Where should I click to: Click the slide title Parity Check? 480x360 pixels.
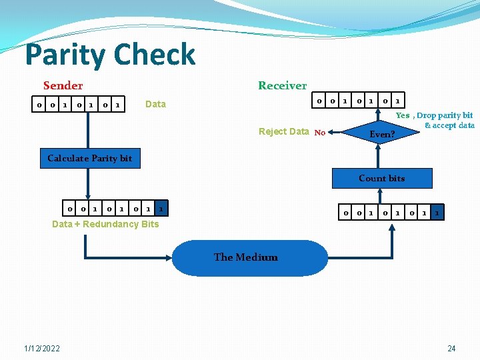(x=110, y=55)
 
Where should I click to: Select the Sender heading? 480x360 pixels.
(x=63, y=85)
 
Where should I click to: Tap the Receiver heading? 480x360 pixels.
(x=282, y=85)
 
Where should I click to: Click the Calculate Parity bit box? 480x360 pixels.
(x=90, y=158)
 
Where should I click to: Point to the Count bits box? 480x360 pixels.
(x=381, y=178)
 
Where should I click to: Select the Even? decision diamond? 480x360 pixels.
(x=382, y=134)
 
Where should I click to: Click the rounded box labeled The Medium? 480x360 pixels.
(x=245, y=257)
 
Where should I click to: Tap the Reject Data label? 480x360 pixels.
(x=283, y=131)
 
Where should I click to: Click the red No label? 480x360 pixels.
(x=319, y=133)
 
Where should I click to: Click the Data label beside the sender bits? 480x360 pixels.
(x=155, y=104)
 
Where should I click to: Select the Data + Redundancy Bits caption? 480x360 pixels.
(x=105, y=224)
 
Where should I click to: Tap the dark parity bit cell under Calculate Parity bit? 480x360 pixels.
(x=161, y=209)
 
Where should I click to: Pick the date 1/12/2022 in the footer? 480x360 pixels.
(x=42, y=349)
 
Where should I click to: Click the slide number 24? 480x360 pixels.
(x=451, y=349)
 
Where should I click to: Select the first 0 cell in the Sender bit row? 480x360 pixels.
(x=39, y=105)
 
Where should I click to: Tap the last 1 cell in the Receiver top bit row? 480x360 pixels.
(x=397, y=101)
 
